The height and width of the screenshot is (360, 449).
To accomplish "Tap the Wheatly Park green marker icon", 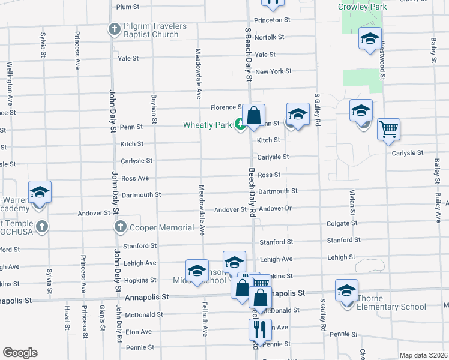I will point(240,125).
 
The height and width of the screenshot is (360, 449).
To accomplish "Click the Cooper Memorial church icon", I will point(120,227).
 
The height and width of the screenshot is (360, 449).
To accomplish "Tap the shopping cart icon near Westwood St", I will point(388,128).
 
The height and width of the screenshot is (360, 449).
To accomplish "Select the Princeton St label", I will point(272,20).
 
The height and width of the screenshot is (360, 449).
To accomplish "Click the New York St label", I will point(273,71).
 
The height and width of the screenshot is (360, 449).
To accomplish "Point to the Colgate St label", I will point(342,223).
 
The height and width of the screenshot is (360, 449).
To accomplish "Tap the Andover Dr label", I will point(275,209).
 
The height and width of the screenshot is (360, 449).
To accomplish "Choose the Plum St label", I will point(127,7).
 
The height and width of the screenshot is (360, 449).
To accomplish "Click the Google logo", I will point(20,353).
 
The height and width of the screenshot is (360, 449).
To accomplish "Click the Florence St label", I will point(225,107).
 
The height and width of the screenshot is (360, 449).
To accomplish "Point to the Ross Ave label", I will point(134,178).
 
